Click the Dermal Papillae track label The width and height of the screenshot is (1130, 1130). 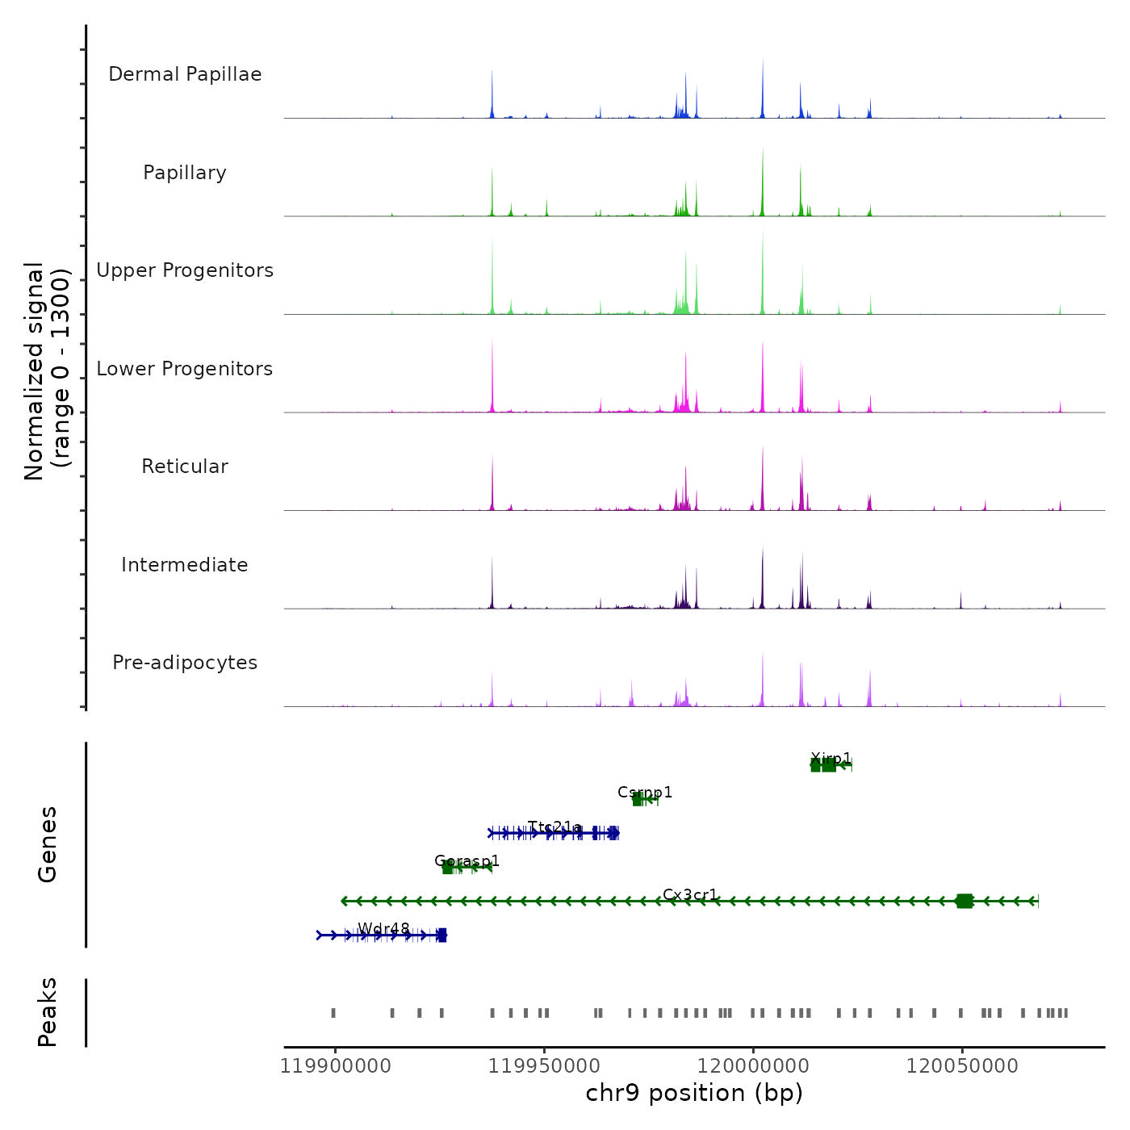(x=185, y=74)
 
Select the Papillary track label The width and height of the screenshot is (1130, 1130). (x=185, y=173)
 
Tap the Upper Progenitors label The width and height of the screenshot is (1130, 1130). (x=185, y=270)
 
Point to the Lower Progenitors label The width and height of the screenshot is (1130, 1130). (x=185, y=369)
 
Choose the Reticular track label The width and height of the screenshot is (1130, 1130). (x=185, y=467)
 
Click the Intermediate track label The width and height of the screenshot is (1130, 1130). (x=185, y=565)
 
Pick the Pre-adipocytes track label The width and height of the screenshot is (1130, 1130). (x=185, y=663)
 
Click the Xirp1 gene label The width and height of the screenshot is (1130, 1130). (x=831, y=758)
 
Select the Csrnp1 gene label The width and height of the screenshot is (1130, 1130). (x=645, y=792)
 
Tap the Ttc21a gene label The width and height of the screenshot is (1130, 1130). (x=555, y=827)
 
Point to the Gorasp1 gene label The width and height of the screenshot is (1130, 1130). (x=467, y=860)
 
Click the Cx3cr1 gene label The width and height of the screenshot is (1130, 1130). (x=690, y=894)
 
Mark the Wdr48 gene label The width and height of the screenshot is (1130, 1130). (x=383, y=928)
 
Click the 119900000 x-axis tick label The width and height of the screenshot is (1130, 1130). (x=336, y=1066)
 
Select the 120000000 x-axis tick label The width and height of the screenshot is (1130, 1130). (x=753, y=1066)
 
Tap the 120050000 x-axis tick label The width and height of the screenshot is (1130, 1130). (x=962, y=1066)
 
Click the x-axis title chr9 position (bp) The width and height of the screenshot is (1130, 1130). (x=694, y=1093)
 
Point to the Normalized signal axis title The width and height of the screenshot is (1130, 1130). (x=47, y=370)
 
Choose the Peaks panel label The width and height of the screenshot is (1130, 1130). (x=48, y=1012)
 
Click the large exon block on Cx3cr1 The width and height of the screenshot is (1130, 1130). (x=964, y=901)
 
